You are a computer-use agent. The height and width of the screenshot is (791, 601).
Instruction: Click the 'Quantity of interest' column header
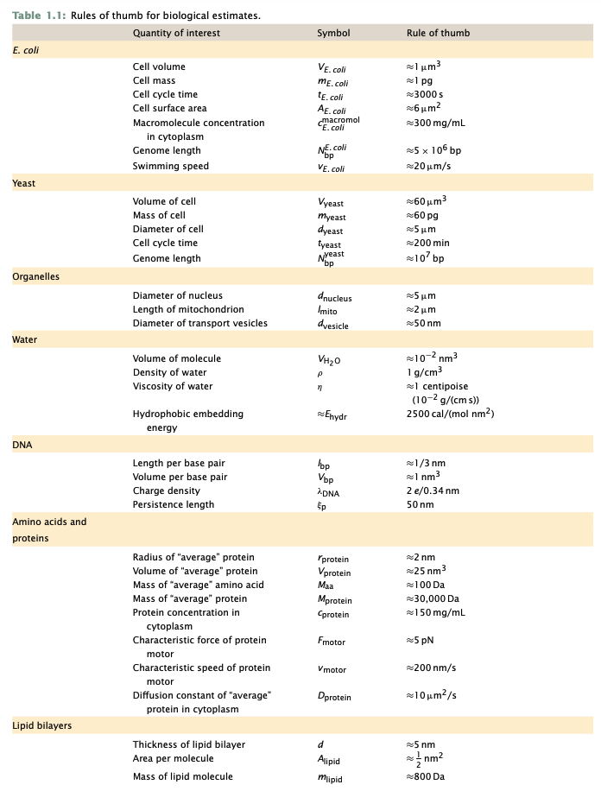pos(176,33)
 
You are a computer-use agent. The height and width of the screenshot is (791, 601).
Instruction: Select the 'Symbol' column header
pos(333,33)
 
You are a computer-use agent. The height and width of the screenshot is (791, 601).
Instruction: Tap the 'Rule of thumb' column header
pos(438,33)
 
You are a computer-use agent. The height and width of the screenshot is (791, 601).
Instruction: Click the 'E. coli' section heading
pos(26,49)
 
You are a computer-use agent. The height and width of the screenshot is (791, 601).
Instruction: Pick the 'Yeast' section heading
pos(23,183)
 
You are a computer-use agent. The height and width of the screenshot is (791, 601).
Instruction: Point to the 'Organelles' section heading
pos(35,276)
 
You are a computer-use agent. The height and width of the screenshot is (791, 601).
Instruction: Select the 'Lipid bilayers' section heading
pos(41,725)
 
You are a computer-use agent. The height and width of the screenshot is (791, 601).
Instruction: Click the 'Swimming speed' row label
pos(170,166)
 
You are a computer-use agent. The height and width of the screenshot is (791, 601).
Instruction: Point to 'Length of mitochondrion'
pos(188,309)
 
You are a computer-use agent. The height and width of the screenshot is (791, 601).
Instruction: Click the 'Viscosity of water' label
pos(173,386)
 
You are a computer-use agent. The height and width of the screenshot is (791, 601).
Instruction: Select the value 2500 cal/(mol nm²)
pos(450,414)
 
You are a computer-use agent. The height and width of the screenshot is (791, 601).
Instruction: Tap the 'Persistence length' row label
pos(173,504)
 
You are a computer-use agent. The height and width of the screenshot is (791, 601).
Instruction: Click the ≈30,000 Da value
pos(435,598)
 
